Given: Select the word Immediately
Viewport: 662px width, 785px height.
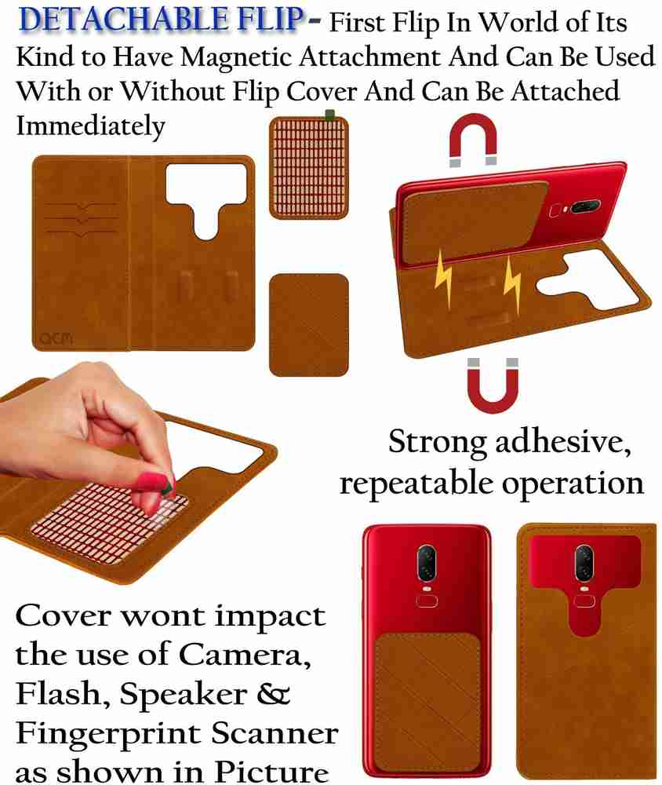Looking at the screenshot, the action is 90,126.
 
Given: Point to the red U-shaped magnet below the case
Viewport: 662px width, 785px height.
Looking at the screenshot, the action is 493,385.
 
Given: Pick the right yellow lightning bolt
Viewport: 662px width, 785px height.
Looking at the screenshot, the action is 512,284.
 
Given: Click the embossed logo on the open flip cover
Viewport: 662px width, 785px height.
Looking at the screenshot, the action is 56,339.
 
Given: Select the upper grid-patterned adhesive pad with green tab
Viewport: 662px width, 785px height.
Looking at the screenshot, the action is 309,166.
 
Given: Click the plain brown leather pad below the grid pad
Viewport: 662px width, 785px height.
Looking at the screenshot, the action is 309,325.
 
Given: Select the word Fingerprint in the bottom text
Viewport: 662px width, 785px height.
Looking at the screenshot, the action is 108,734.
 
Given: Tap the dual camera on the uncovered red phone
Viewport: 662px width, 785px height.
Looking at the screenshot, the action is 427,562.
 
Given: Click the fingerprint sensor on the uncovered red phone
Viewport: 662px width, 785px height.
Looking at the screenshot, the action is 427,601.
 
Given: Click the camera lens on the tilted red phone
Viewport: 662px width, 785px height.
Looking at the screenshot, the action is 584,206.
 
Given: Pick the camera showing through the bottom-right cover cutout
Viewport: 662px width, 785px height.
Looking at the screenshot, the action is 584,564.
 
